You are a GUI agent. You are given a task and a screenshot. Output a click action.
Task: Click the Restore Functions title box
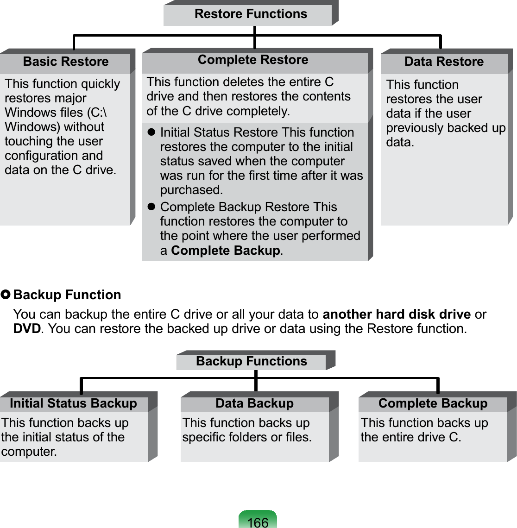point(251,14)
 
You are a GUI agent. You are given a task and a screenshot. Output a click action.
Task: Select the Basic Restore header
point(66,62)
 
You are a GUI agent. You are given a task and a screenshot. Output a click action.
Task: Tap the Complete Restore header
point(253,60)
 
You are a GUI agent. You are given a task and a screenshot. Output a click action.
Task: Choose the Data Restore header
point(444,62)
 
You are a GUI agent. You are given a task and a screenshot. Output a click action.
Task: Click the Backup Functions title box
point(252,361)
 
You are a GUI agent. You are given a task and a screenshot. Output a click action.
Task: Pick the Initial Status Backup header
point(73,403)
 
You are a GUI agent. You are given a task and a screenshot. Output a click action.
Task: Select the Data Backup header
point(254,403)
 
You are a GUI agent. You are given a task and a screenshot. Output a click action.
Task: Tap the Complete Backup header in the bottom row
point(433,403)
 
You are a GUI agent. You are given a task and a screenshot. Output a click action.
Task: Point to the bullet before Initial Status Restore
point(151,132)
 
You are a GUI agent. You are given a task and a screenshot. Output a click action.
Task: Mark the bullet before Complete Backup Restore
point(151,207)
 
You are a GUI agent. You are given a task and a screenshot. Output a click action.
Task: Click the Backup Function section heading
point(67,295)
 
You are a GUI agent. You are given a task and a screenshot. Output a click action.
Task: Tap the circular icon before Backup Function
point(6,295)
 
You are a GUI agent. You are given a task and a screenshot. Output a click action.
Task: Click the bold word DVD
point(27,329)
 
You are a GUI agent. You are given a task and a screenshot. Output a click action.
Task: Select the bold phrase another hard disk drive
point(397,314)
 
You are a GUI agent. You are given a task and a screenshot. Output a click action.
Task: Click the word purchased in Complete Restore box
point(191,190)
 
